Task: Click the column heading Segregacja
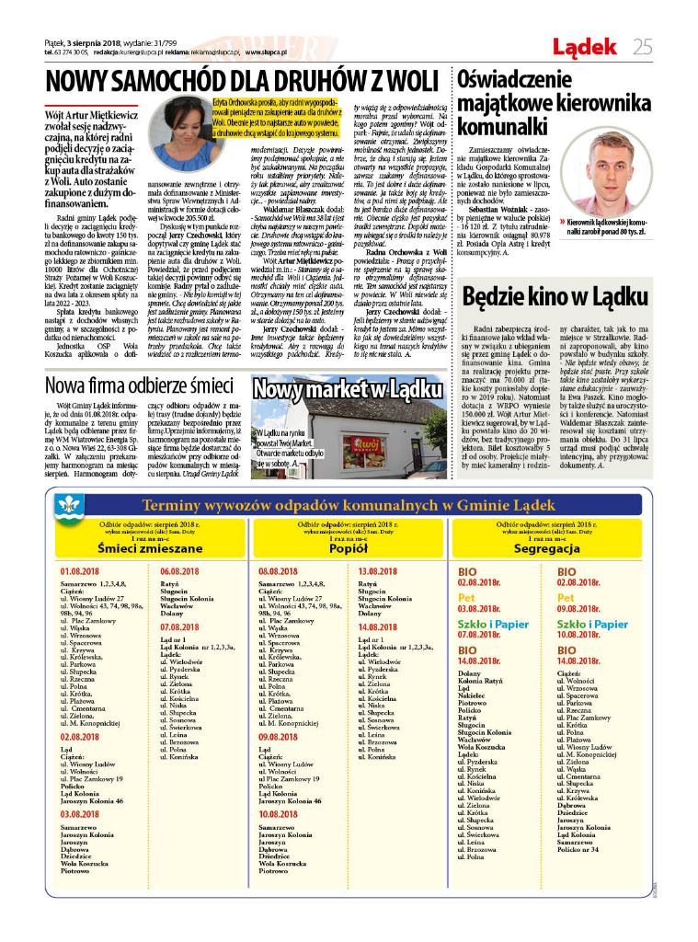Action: click(x=553, y=548)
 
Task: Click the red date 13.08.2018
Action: click(x=378, y=571)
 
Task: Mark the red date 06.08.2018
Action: click(x=180, y=571)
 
